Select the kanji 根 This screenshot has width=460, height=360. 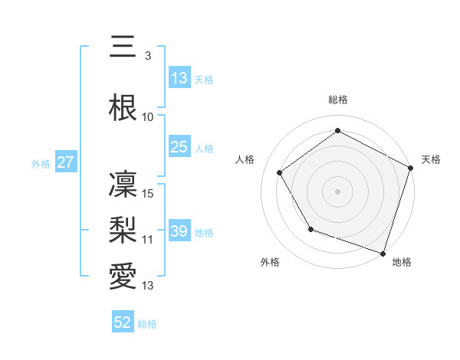click(x=123, y=107)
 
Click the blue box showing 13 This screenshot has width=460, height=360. click(x=179, y=78)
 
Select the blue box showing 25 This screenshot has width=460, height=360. click(x=179, y=147)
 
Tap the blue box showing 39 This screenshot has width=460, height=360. click(x=179, y=231)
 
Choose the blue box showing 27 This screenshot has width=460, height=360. click(x=65, y=162)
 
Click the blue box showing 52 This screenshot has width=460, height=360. click(x=123, y=322)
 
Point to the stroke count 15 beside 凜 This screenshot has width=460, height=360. click(x=149, y=194)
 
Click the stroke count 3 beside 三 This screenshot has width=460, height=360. click(x=147, y=57)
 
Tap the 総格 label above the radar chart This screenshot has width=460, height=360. click(x=338, y=100)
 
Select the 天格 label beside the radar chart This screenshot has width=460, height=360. click(x=431, y=159)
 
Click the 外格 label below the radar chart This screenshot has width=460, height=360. click(x=270, y=262)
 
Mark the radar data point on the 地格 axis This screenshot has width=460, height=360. click(x=383, y=253)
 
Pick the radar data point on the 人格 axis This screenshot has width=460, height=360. click(x=280, y=172)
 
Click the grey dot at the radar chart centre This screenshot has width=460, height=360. click(x=338, y=191)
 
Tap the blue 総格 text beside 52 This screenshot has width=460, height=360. click(x=147, y=324)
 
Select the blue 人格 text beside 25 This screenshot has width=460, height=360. click(x=204, y=149)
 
